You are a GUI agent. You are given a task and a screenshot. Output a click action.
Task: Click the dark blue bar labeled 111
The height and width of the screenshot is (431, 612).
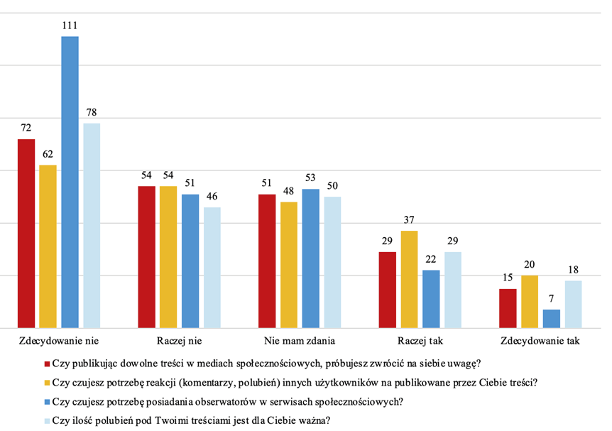pos(70,182)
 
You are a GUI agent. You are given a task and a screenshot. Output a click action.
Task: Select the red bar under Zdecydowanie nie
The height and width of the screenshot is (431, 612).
pos(26,234)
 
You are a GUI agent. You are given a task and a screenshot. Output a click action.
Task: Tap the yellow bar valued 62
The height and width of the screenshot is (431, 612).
pos(48,246)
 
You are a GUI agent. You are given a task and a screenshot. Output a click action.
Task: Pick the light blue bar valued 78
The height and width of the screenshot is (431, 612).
pos(92,226)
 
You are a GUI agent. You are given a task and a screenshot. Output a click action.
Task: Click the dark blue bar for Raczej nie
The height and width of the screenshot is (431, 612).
pos(190,261)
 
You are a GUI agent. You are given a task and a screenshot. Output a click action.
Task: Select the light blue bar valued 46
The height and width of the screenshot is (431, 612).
pos(212,268)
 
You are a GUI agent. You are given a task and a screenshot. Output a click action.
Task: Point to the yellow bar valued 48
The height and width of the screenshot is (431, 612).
pos(289,265)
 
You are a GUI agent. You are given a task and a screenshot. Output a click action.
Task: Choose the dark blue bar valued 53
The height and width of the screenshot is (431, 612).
pos(311,258)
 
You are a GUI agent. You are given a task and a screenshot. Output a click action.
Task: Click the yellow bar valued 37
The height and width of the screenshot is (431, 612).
pos(410,279)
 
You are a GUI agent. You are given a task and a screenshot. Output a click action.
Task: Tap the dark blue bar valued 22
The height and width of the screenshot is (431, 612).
pos(432,299)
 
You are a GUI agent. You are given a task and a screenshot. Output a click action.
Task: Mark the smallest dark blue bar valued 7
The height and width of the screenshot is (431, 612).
pos(552,319)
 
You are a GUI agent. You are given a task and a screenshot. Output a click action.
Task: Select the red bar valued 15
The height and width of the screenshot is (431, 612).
pos(508,308)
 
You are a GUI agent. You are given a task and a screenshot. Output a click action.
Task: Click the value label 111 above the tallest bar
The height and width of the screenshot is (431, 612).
pos(70,26)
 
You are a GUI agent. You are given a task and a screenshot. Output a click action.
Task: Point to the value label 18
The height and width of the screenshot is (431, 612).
pos(574,271)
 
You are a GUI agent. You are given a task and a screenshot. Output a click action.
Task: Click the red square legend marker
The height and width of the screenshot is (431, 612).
pos(47,365)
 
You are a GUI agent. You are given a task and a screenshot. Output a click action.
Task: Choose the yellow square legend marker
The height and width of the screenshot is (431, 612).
pos(47,383)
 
